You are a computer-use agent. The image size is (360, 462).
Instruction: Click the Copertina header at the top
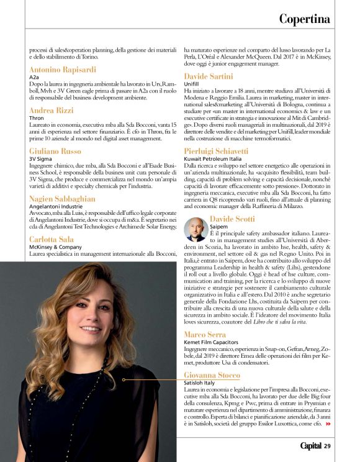tap(304, 19)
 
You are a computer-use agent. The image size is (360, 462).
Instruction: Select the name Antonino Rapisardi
tap(63, 70)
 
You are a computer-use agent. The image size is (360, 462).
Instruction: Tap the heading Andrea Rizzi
tap(52, 110)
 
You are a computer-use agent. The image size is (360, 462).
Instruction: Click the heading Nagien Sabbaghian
tap(62, 198)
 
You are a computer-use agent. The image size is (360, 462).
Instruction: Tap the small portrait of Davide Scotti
tap(196, 230)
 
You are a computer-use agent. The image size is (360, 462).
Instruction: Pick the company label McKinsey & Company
tap(55, 247)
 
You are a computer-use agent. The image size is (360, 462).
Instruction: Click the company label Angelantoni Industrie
tap(56, 206)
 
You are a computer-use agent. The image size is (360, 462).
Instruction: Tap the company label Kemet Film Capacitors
tap(211, 343)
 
